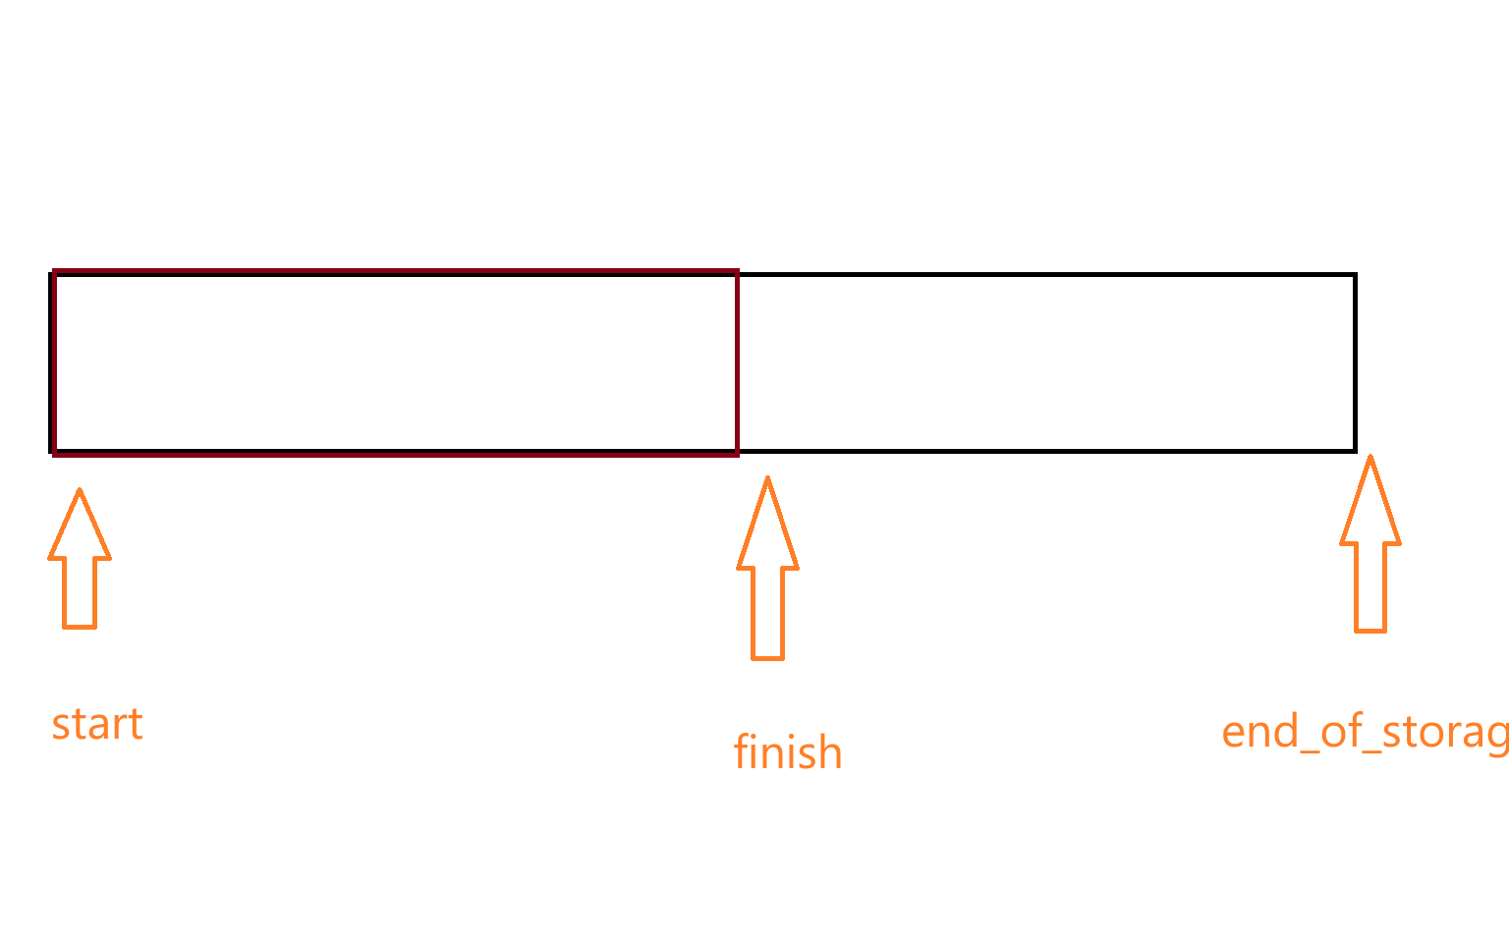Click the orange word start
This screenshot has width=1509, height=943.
tap(97, 725)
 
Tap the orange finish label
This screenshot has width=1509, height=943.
tap(788, 753)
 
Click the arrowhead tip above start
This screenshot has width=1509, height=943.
tap(80, 491)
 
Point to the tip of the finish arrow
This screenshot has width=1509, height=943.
tap(767, 479)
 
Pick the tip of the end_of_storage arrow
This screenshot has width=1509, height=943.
tap(1369, 458)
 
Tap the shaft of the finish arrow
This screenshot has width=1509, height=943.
tap(768, 613)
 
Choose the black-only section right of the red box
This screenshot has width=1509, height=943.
tap(1046, 361)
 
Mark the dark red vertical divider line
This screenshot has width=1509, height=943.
tap(737, 361)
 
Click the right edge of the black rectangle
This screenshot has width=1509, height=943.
tap(1355, 361)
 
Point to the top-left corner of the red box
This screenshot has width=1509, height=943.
tap(55, 271)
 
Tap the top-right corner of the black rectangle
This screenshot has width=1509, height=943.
tap(1355, 275)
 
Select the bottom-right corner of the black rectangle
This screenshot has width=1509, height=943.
tap(1355, 451)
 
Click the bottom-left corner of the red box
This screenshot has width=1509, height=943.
tap(55, 453)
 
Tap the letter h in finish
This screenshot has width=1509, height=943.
tap(830, 752)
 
